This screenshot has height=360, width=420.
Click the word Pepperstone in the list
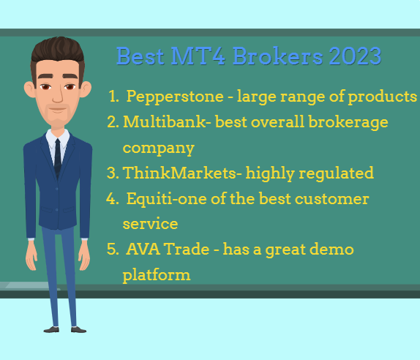[x=175, y=97]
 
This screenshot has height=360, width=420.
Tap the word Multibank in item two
[x=164, y=122]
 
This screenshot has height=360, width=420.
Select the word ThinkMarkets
[x=179, y=173]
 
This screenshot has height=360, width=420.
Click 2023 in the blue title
[x=355, y=56]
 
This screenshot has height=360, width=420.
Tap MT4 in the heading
[x=198, y=56]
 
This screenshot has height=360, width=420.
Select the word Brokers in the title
[x=277, y=56]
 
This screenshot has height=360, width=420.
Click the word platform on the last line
[x=157, y=275]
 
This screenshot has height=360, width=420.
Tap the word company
[x=158, y=149]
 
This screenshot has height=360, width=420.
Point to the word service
[x=150, y=224]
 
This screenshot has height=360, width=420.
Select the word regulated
[x=336, y=173]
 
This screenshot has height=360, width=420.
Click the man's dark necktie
[x=58, y=158]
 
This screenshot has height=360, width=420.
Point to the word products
[x=382, y=97]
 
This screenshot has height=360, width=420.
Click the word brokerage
[x=348, y=123]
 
